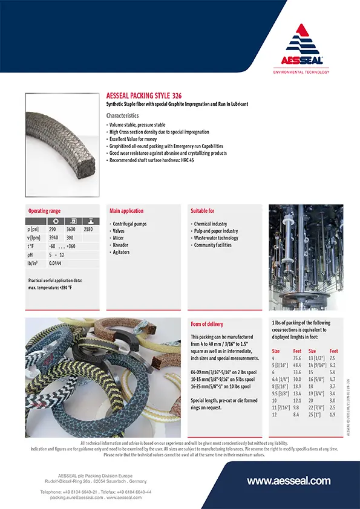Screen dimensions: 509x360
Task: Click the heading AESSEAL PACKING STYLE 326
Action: pos(144,96)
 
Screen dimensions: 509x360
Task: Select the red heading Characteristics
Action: pos(122,115)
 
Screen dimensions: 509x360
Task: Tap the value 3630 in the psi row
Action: pos(71,230)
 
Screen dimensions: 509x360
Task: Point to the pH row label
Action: pos(31,255)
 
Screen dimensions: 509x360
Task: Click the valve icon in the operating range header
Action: pos(89,221)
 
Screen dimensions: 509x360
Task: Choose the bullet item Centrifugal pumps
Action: pos(129,224)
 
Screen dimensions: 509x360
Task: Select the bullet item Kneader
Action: pos(121,245)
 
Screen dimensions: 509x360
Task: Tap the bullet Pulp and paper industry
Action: pos(215,231)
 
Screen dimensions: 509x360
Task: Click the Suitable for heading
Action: pos(202,211)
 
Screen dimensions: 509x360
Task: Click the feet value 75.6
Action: pos(297,358)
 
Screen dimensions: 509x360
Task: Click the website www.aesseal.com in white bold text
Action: pos(289,481)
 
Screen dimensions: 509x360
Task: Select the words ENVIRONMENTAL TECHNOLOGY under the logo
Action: pos(301,72)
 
